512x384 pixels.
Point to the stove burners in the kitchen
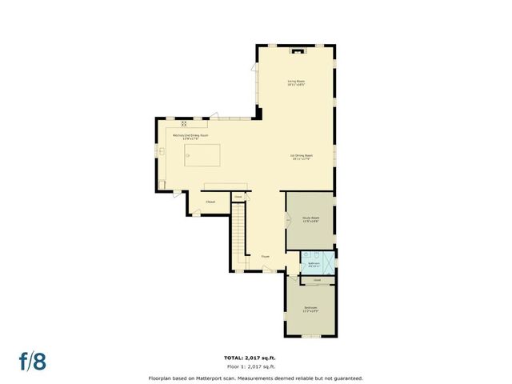click(184, 123)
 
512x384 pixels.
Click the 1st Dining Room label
click(301, 158)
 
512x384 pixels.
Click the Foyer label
click(265, 257)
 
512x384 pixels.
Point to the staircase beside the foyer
click(238, 228)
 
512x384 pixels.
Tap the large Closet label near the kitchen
click(211, 202)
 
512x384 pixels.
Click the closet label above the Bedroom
click(317, 280)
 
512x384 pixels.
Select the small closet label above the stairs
click(238, 195)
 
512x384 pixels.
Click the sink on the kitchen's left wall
click(161, 150)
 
